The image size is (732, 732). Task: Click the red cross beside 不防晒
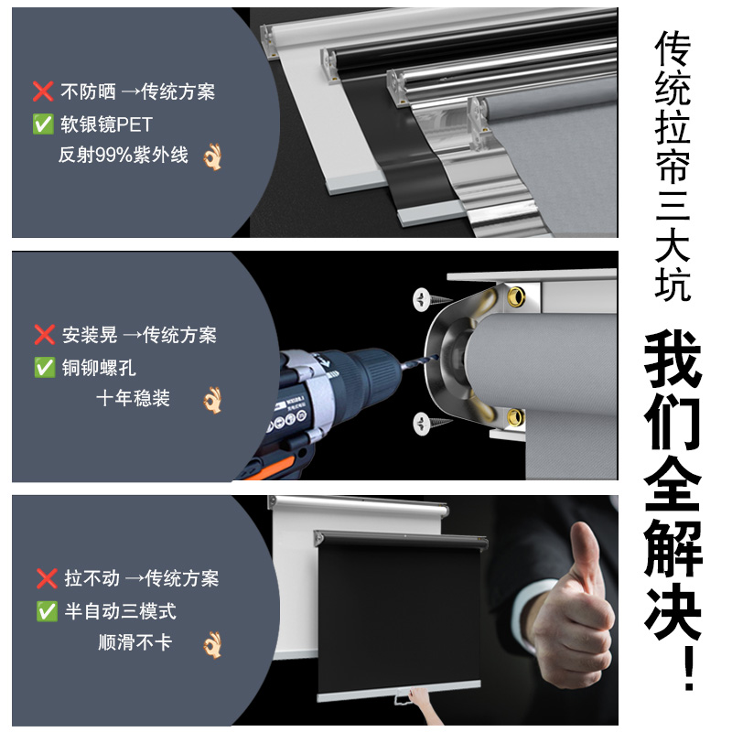(43, 91)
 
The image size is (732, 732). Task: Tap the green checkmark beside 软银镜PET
(43, 124)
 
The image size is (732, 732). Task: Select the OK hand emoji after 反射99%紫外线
(212, 156)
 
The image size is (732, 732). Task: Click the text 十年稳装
(133, 398)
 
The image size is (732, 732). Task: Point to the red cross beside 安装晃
(45, 335)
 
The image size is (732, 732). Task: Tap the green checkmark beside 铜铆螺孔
(45, 368)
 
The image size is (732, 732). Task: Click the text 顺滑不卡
(135, 642)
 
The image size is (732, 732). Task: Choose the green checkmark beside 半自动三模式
(47, 611)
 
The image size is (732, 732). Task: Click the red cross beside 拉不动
(47, 578)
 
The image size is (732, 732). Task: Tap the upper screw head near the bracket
(421, 299)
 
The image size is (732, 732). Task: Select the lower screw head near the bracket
(421, 424)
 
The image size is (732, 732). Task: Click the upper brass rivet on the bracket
(516, 296)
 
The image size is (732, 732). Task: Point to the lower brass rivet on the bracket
(515, 417)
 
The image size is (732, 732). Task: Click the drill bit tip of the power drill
(436, 357)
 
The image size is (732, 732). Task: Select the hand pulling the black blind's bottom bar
(418, 699)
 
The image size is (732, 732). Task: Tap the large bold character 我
(673, 359)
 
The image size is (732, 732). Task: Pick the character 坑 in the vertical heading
(673, 284)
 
